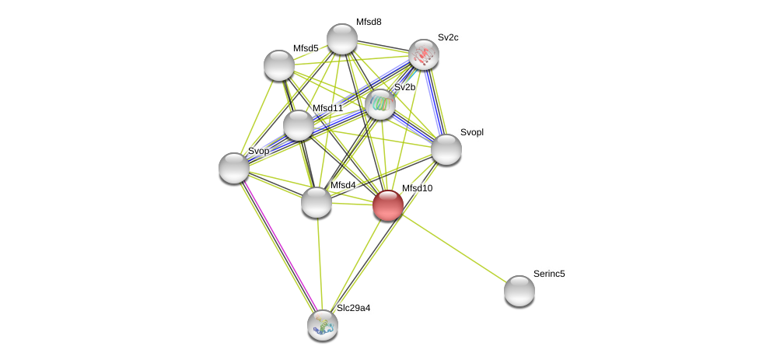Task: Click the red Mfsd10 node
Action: (x=387, y=205)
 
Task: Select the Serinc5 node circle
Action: (x=519, y=291)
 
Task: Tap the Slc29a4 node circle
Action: (x=322, y=325)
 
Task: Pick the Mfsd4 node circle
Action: (x=316, y=202)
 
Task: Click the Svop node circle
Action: (x=233, y=168)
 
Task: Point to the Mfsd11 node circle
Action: (x=298, y=125)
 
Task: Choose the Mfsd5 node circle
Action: (x=278, y=65)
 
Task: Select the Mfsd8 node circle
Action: (x=341, y=39)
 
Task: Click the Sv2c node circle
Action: (x=423, y=54)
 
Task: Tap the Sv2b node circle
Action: (x=379, y=104)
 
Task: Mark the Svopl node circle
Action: (x=446, y=149)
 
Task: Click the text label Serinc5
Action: (x=549, y=274)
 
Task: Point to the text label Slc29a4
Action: (x=353, y=308)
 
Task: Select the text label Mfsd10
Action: (x=417, y=188)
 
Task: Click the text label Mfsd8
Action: (x=369, y=22)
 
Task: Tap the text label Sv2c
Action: (x=448, y=37)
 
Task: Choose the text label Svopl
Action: (x=471, y=132)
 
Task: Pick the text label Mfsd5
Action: (x=306, y=48)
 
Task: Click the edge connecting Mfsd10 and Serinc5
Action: (x=453, y=248)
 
